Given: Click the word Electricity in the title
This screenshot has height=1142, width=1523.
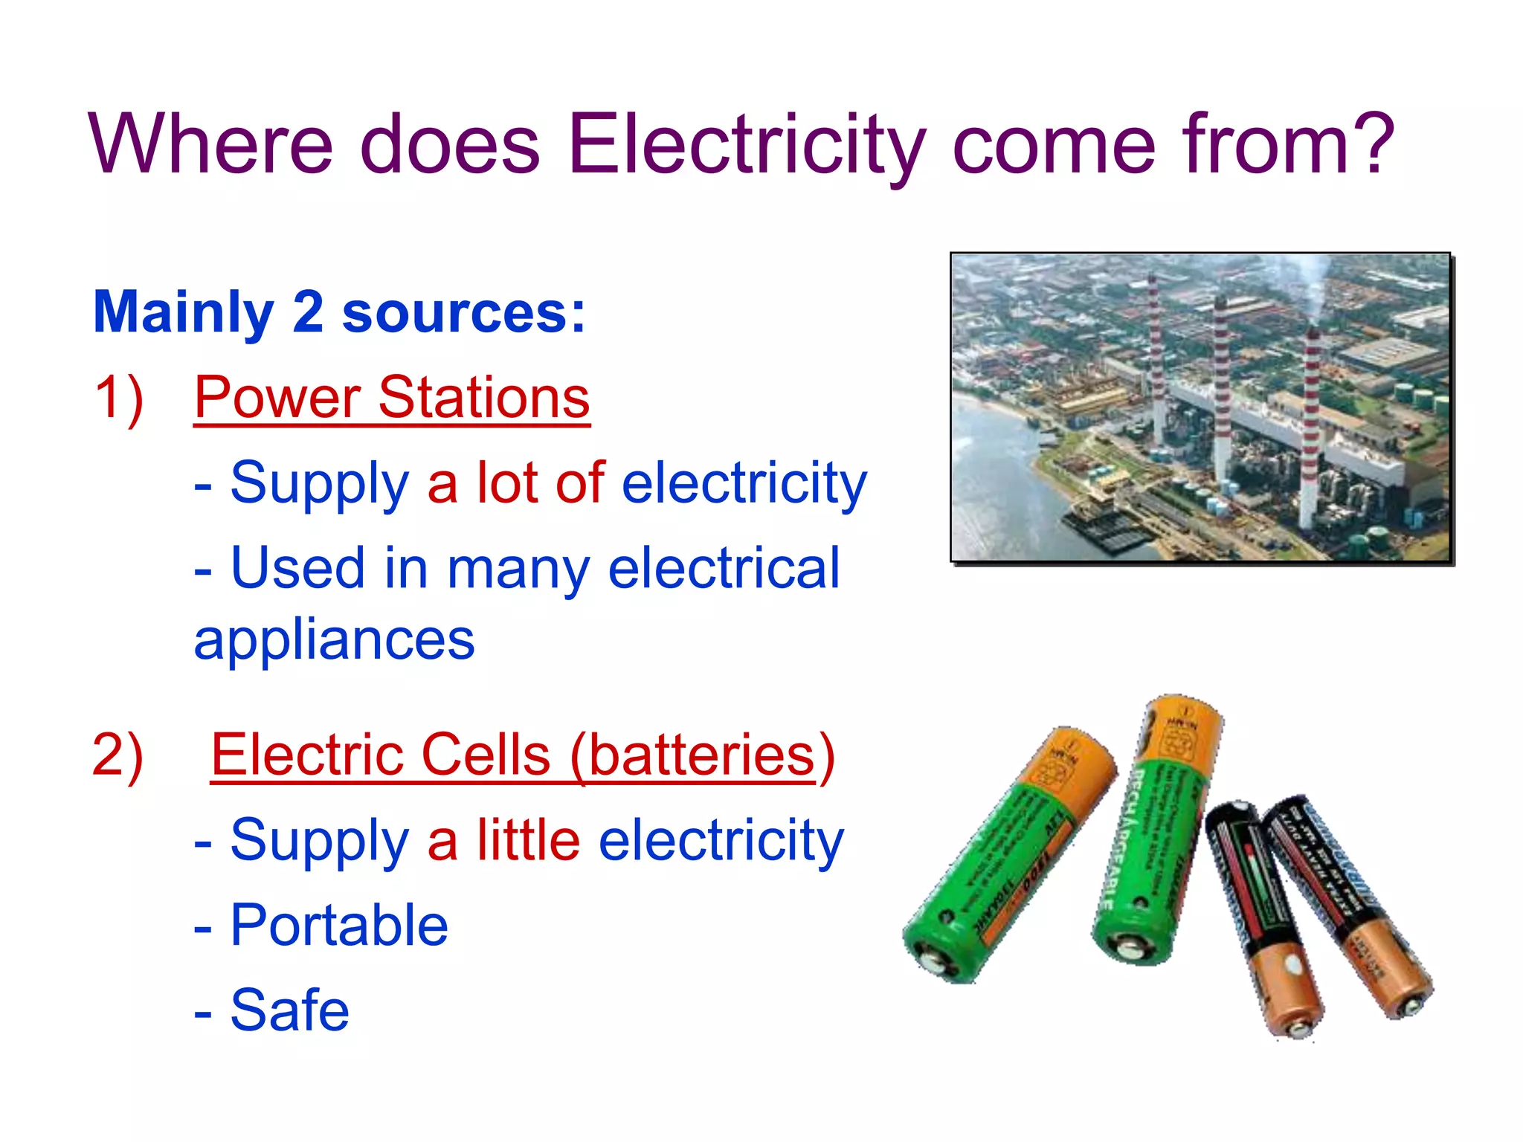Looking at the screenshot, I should click(x=747, y=145).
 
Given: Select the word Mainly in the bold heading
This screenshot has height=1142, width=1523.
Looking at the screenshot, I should click(x=184, y=313).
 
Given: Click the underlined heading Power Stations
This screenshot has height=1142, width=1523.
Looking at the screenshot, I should click(x=392, y=398).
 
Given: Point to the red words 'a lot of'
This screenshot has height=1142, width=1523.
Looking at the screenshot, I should click(x=515, y=483).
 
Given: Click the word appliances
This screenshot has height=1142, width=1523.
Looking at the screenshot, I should click(x=334, y=639).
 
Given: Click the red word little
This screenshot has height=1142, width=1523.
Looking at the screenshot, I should click(x=528, y=840).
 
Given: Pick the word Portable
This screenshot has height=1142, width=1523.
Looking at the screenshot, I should click(x=339, y=926).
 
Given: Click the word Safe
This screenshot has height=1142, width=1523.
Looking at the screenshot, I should click(x=289, y=1010).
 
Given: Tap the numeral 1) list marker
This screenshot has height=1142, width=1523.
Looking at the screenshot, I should click(x=119, y=398).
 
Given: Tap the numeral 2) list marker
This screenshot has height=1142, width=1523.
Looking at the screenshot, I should click(x=117, y=755).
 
